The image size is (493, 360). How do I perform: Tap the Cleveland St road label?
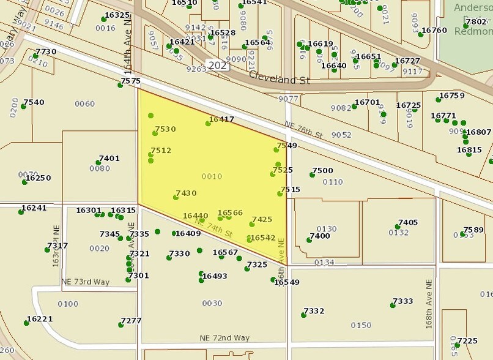pos(280,79)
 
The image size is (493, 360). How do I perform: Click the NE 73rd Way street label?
pos(85,282)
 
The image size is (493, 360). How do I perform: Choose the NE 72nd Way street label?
pos(224,338)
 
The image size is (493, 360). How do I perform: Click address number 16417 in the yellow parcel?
pos(221,119)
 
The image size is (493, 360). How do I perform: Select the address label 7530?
pos(165,129)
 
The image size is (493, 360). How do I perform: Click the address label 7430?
pos(186,193)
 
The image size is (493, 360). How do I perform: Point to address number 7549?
pos(287,146)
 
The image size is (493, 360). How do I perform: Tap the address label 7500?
pos(322,171)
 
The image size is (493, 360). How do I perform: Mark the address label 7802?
pos(476,21)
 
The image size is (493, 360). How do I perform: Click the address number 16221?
pos(40,319)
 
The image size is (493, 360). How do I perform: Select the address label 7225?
pos(467,341)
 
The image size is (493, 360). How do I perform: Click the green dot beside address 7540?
pos(23,107)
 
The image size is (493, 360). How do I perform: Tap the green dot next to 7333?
pos(392,305)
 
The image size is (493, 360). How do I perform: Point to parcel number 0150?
pos(361,325)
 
